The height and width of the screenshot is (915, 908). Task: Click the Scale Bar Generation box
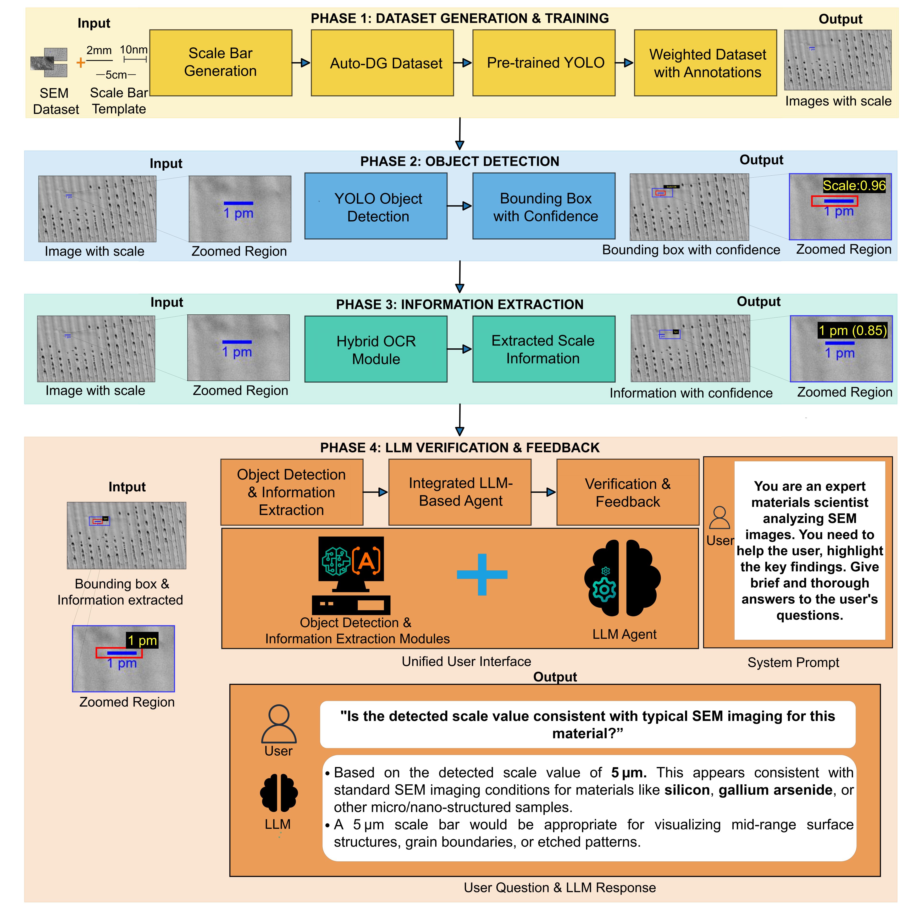coord(221,62)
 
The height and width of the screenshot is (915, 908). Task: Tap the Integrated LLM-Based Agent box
coord(460,492)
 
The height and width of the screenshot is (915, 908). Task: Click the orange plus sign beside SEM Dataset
coord(80,62)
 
